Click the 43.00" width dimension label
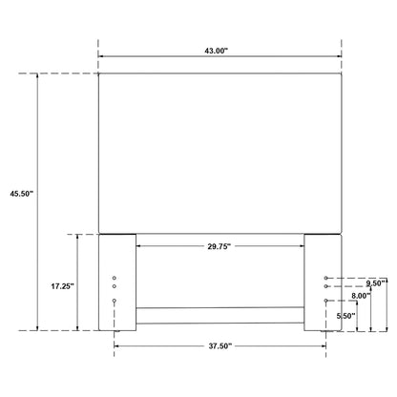coord(217,51)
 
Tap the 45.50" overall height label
coord(22,194)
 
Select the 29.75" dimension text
coord(219,246)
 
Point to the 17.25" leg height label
coord(62,286)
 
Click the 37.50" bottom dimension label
coord(220,345)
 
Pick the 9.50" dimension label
coord(376,283)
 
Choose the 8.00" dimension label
coord(361,296)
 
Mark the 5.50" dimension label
coord(346,316)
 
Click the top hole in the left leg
coord(115,278)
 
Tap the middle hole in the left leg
coord(115,286)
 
